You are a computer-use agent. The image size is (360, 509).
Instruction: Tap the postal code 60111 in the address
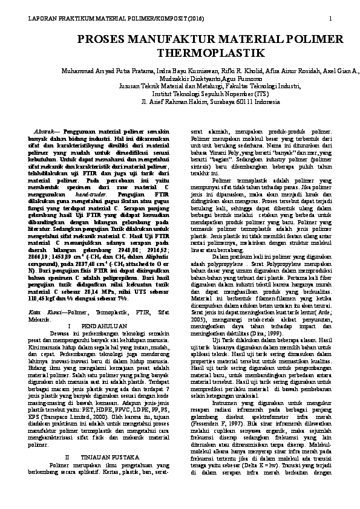click(x=242, y=102)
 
